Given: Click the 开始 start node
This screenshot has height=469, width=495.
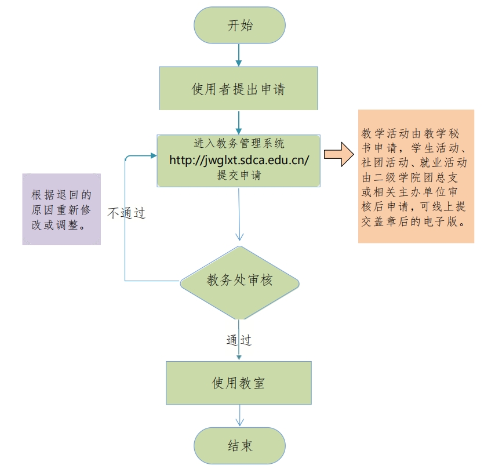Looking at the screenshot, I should (239, 26).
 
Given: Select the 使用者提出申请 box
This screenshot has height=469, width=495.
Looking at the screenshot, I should (238, 89).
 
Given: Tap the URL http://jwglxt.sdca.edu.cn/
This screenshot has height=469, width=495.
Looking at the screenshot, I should (238, 160).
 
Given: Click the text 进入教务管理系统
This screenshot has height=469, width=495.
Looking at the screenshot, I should (238, 144).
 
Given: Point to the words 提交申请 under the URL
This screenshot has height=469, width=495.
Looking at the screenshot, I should (238, 175).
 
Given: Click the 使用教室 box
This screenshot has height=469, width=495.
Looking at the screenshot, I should (238, 383).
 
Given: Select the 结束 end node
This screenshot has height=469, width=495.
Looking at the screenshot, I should (239, 446).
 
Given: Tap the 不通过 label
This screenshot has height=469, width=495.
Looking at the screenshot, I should (126, 213).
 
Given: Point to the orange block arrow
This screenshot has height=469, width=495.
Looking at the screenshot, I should (339, 155).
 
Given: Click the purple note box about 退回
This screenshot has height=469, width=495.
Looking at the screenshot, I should (61, 209).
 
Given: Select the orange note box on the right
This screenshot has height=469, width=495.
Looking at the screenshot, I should (416, 176).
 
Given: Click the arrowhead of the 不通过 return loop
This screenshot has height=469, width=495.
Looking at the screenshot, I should (153, 155).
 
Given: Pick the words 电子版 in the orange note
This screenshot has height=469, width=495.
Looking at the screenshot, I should (447, 222).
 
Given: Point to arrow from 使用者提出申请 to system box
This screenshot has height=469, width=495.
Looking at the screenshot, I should (238, 122).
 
